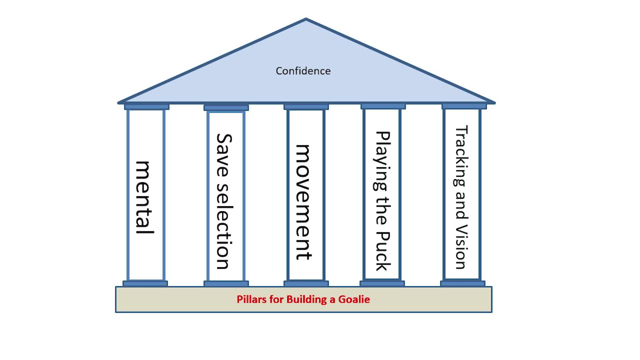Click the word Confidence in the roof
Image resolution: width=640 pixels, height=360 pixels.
[x=303, y=71]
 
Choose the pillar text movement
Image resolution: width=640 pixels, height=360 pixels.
[x=303, y=202]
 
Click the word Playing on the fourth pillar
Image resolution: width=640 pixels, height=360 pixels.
[x=382, y=161]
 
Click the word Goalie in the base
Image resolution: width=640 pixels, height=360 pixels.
[x=354, y=299]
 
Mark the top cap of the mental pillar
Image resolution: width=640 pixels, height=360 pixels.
[x=147, y=107]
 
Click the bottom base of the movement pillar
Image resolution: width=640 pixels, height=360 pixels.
[x=306, y=283]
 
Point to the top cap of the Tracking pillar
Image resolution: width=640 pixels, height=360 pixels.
[x=464, y=107]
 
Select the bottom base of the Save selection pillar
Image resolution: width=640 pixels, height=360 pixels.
[x=226, y=284]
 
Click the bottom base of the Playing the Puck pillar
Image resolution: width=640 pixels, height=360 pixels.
[x=382, y=283]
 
